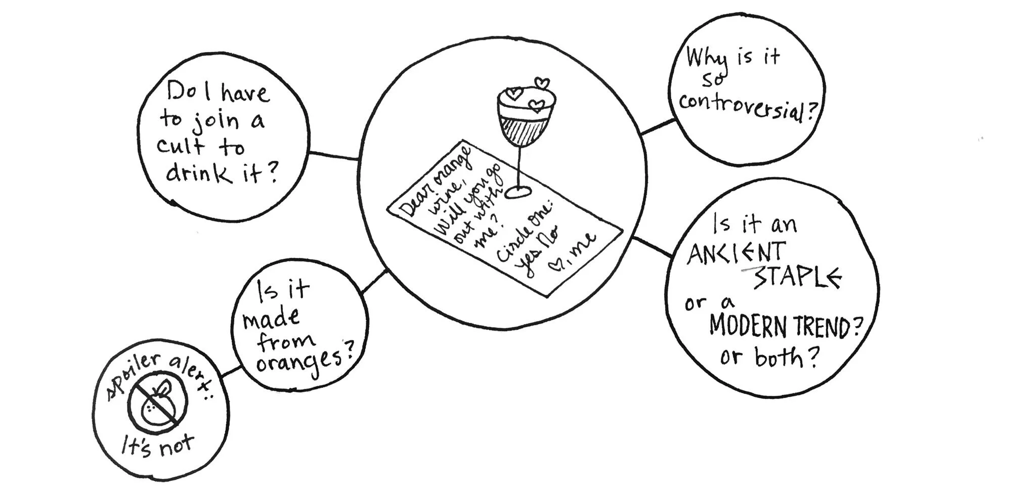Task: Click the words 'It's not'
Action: pyautogui.click(x=157, y=446)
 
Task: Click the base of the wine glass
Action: pyautogui.click(x=519, y=192)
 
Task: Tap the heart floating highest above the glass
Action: pyautogui.click(x=542, y=82)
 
